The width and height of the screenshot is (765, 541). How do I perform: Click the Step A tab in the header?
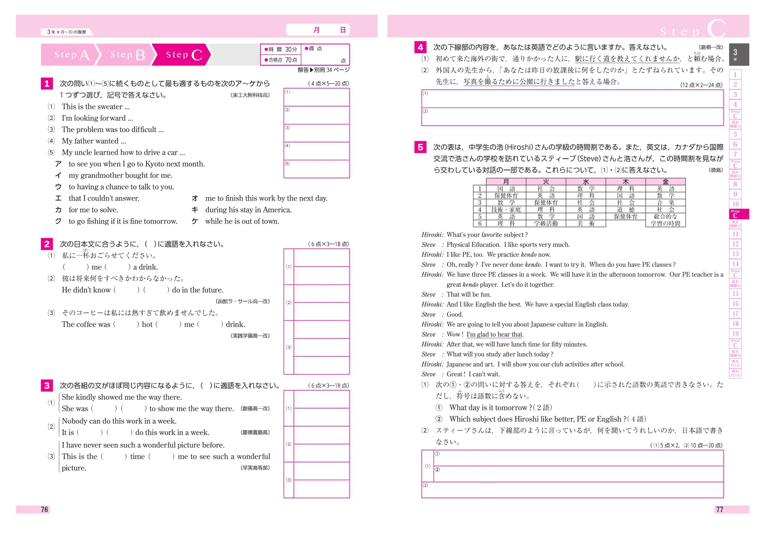(x=71, y=55)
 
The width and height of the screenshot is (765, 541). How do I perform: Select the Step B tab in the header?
(x=127, y=55)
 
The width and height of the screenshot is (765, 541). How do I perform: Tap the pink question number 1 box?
(x=47, y=83)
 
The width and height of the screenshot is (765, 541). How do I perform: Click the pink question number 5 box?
(x=420, y=147)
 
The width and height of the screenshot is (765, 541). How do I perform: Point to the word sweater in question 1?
(x=110, y=107)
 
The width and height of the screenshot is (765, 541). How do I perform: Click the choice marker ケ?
(x=195, y=221)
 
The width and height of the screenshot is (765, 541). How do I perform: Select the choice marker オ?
(x=195, y=198)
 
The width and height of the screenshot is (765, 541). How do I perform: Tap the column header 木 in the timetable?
(x=626, y=181)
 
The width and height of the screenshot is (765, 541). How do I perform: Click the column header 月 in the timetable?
(x=506, y=181)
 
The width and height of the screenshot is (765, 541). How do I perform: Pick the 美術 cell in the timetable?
(x=585, y=224)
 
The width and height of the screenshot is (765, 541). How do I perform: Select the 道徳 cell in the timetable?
(x=626, y=210)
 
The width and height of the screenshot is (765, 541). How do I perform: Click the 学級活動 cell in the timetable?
(x=546, y=224)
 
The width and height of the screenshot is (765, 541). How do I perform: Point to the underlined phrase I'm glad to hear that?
(x=495, y=334)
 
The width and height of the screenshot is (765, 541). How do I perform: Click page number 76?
(x=44, y=509)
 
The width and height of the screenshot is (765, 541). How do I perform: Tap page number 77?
(x=719, y=509)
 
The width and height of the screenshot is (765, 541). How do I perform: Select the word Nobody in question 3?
(x=75, y=421)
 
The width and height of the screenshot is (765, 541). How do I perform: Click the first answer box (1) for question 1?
(x=316, y=97)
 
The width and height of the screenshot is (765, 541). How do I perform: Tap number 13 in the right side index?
(x=735, y=254)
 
